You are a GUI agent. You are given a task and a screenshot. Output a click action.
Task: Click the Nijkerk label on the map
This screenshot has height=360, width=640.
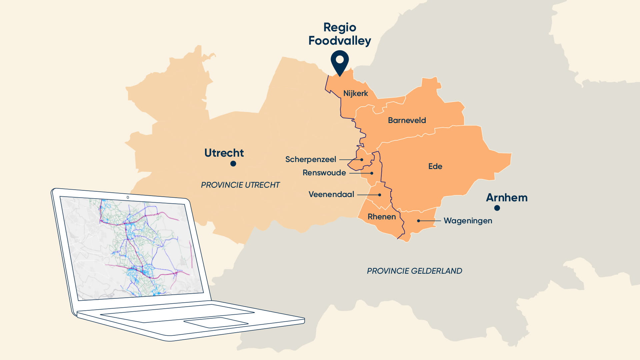(355, 93)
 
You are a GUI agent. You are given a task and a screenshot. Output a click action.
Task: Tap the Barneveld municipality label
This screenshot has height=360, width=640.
(407, 120)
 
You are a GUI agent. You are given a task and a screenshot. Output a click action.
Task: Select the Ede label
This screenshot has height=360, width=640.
(435, 166)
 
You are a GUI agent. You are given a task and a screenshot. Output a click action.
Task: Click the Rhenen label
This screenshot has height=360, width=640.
(382, 217)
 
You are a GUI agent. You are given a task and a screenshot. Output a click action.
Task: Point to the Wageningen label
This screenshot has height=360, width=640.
(468, 221)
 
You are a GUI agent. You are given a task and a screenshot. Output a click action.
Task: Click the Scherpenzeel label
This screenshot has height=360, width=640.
(310, 159)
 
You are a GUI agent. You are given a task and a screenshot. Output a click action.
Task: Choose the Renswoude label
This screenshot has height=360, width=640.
(324, 173)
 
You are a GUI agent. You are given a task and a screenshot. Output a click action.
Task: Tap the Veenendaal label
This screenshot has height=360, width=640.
(331, 194)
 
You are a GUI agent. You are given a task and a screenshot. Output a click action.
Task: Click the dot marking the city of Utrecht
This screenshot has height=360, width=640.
(233, 164)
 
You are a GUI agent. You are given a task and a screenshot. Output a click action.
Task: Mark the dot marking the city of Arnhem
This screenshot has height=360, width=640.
(497, 208)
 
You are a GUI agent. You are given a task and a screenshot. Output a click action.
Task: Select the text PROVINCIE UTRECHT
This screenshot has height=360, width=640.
(240, 185)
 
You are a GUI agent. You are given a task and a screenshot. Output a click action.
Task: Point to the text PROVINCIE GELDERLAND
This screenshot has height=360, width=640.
(414, 271)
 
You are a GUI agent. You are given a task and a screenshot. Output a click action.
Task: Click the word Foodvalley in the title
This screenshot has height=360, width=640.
(339, 41)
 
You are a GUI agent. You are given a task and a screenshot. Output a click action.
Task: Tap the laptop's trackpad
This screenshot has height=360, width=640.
(216, 322)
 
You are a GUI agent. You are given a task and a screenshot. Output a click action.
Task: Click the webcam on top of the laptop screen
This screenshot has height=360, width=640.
(128, 197)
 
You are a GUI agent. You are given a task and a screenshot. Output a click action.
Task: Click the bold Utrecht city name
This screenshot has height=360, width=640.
(224, 153)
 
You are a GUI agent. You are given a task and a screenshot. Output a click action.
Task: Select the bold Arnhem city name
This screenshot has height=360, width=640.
(506, 198)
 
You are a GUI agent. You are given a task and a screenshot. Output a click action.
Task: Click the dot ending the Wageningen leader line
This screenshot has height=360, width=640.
(419, 221)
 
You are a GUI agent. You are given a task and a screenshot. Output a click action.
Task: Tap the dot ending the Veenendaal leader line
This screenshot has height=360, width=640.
(380, 195)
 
